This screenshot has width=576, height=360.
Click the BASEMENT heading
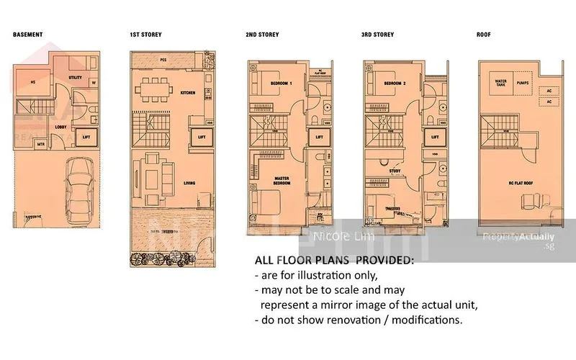[28, 35]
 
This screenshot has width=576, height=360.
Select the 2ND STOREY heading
[261, 35]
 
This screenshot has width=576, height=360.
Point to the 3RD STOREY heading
[378, 35]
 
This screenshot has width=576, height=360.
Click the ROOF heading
[485, 35]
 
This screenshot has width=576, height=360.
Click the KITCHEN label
[188, 93]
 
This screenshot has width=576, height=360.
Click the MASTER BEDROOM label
[282, 181]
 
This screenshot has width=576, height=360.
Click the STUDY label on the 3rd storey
[395, 172]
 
